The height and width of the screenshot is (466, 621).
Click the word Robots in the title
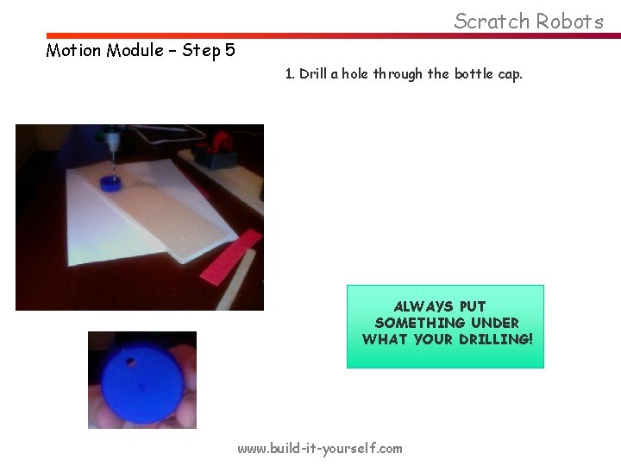click(568, 21)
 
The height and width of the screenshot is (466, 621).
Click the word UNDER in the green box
click(494, 323)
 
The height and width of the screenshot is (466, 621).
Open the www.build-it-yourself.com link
click(319, 448)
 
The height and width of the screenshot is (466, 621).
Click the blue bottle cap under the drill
click(111, 182)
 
